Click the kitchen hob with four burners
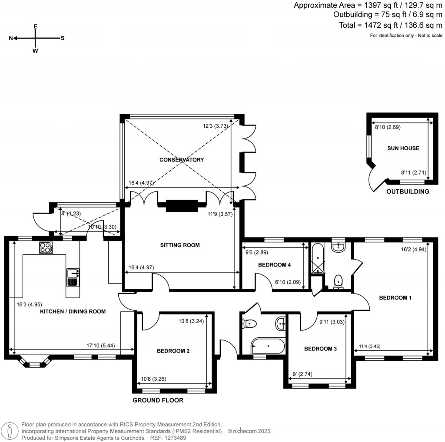point(46,247)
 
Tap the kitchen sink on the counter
point(73,277)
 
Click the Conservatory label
point(182,160)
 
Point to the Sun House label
point(403,148)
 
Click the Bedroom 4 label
point(274,265)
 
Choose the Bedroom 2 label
point(173,351)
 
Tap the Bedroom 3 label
point(320,349)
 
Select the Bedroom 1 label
point(395,298)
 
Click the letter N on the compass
point(11,38)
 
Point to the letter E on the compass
point(36,26)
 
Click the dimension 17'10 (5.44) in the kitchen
point(104,346)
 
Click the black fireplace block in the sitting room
point(182,205)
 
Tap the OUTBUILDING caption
point(408,191)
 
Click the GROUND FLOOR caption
point(158,400)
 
